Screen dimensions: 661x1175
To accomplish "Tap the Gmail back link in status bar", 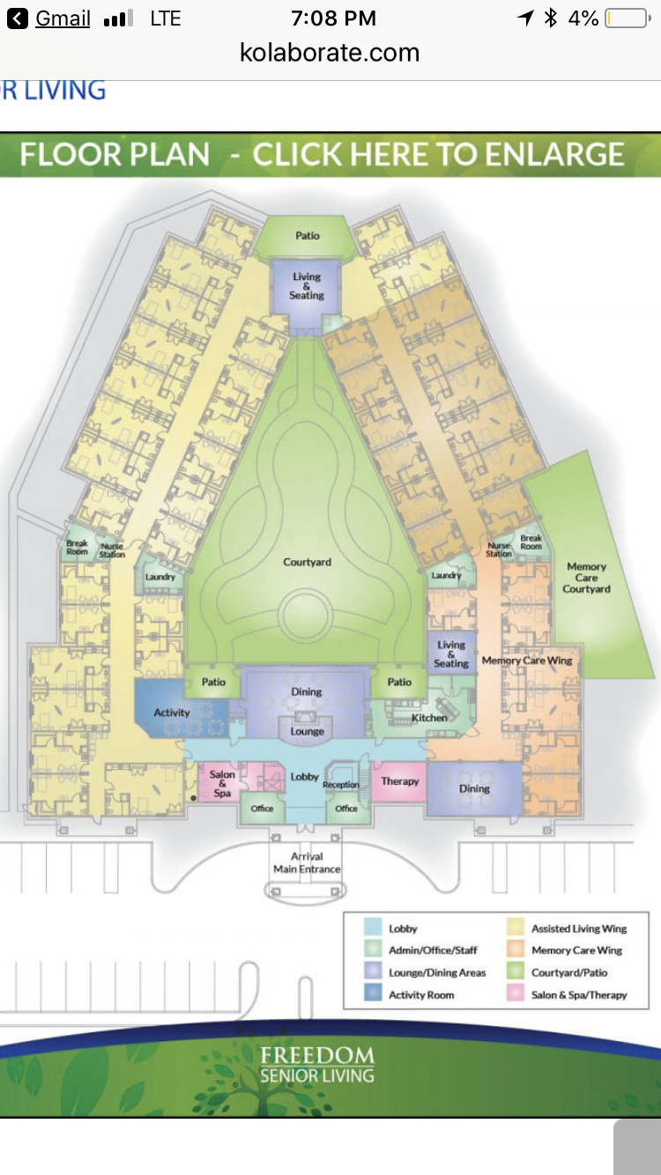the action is coord(51,18).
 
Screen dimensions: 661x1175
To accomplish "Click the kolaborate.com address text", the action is coord(330,53).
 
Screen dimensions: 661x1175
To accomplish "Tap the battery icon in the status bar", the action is coord(626,18).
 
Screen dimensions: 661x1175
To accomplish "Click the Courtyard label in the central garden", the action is coord(307,562).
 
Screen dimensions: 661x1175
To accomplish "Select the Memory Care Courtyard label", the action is coord(587,578).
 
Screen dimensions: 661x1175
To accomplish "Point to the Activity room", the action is coord(172,713).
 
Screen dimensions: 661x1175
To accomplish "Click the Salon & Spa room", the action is coord(222,783).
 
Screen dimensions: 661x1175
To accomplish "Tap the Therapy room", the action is coord(399,781).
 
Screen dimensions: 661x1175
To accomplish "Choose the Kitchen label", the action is coord(429,718).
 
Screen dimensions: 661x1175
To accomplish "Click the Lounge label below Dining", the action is coord(308,731).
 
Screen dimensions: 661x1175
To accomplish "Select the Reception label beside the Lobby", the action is coord(341,785).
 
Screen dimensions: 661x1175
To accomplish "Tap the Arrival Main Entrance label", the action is coord(307,862).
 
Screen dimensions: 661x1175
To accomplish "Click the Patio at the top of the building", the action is coord(308,235).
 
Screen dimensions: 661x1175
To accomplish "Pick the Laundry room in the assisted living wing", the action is coord(160,577).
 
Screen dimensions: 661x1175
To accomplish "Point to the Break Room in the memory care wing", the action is coord(531,542).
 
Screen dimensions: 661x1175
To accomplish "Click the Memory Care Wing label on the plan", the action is coord(527,661).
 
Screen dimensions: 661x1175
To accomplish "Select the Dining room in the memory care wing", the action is coord(474,788).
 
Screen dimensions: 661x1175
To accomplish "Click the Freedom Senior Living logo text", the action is coord(317,1064).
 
